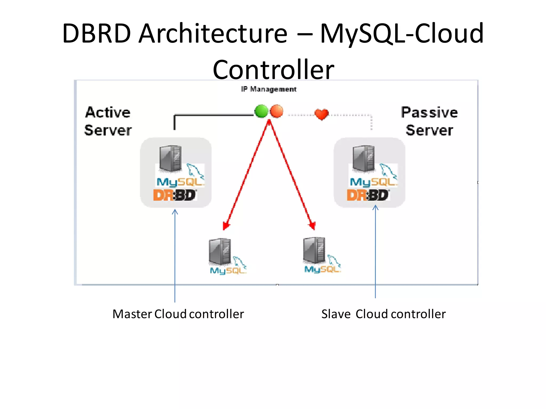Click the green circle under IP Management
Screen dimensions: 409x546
coord(261,111)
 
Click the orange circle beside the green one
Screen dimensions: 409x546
coord(276,111)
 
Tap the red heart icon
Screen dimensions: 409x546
coord(321,114)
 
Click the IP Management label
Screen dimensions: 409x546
coord(269,89)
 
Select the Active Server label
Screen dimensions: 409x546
coord(108,121)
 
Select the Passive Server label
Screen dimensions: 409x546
coord(429,121)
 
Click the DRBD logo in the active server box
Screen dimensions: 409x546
coord(175,195)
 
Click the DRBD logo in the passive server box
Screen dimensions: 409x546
coord(368,195)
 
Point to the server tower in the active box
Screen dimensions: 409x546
coord(170,158)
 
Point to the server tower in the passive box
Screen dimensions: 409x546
coord(363,158)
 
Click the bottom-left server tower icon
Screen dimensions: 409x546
coord(220,251)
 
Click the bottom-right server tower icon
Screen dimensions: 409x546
coord(314,250)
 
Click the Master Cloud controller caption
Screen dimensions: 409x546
coord(178,314)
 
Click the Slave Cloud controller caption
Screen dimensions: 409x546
coord(383,314)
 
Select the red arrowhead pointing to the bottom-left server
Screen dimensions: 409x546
coord(226,226)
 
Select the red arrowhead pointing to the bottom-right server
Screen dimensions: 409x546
coord(312,226)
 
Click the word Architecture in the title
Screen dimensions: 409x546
coord(213,34)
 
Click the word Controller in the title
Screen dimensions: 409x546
coord(273,70)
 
